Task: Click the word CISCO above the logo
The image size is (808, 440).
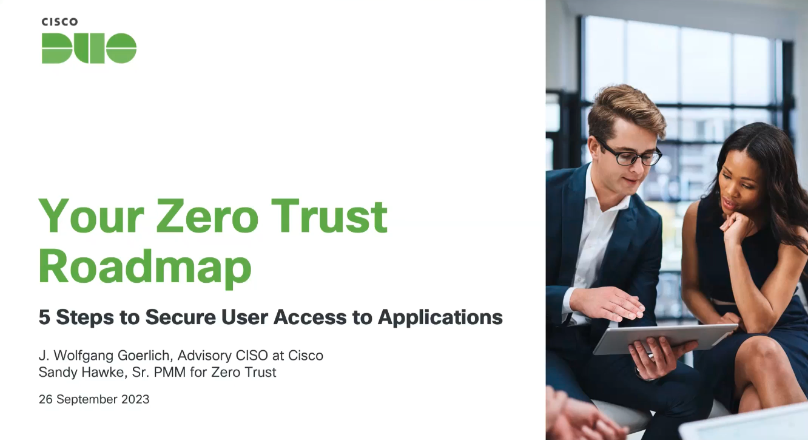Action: coord(59,22)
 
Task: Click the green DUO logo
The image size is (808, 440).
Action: coord(89,49)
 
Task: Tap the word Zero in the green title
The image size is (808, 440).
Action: coord(207,217)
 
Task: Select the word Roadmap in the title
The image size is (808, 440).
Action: coord(145,268)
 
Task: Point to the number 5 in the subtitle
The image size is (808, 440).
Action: coord(44,317)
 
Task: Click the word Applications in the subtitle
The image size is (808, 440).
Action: coord(440,318)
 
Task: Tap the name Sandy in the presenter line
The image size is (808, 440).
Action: coord(58,372)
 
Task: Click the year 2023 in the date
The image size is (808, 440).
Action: coord(135,399)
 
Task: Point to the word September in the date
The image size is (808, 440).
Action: coord(87,399)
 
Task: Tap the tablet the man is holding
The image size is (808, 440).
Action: coord(665,339)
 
